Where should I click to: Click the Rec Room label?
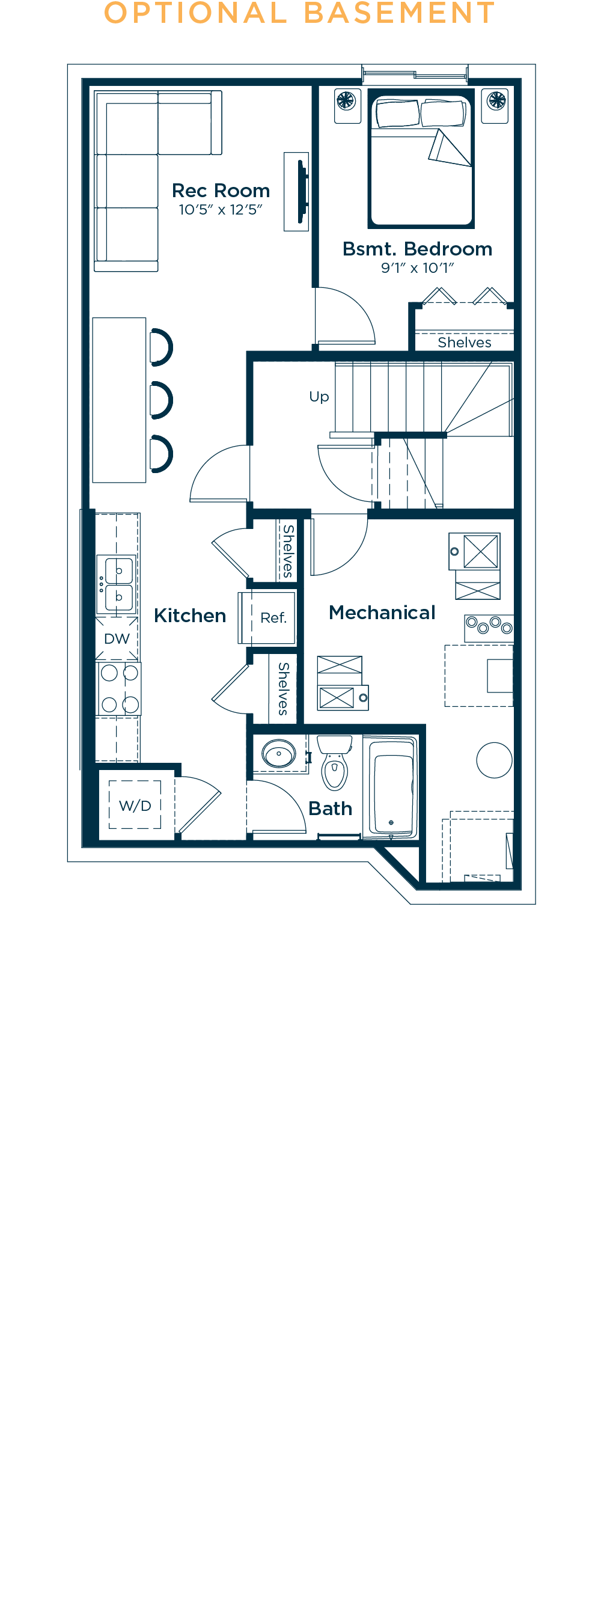221,191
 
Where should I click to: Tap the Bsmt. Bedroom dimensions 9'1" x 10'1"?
417,267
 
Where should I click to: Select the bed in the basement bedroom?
421,159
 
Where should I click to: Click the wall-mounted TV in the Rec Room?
302,192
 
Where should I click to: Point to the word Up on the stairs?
319,397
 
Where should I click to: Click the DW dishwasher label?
117,639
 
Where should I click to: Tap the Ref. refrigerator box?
267,617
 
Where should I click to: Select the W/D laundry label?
135,806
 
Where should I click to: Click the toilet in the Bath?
335,762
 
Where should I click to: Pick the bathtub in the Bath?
391,787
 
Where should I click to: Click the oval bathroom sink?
278,754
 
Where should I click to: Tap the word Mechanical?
382,613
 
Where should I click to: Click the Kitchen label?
190,616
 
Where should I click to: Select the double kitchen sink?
117,584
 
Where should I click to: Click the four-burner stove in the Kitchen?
118,689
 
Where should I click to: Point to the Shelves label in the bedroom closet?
465,342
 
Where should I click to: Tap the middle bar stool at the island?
161,400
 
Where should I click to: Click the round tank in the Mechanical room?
495,760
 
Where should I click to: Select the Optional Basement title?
300,13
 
